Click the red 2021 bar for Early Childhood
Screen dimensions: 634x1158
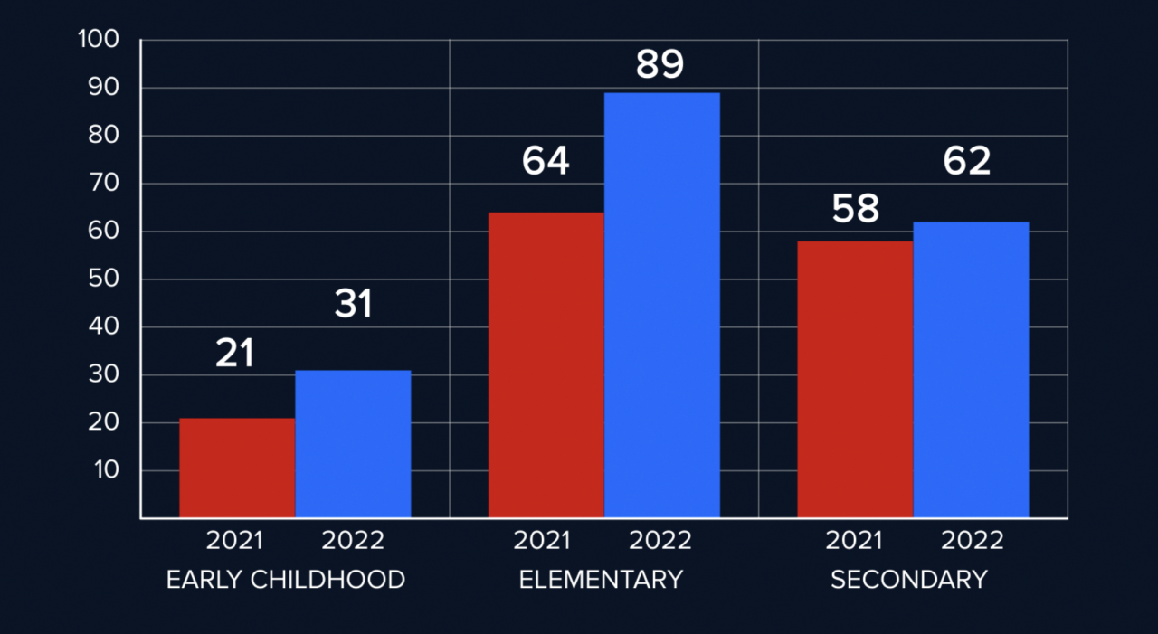click(x=237, y=468)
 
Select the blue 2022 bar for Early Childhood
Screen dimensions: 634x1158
click(x=353, y=444)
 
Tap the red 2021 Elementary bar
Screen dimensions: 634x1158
click(x=546, y=365)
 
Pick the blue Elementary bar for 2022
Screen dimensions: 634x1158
click(x=661, y=306)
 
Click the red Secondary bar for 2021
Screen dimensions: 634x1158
click(x=855, y=379)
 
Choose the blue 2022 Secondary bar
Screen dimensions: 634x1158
click(x=971, y=370)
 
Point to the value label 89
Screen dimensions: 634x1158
click(x=660, y=65)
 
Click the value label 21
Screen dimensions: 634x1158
click(x=235, y=354)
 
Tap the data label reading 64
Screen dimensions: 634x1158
click(x=546, y=161)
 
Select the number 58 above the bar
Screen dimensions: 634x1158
click(x=855, y=209)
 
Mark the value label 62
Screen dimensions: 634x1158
click(x=967, y=161)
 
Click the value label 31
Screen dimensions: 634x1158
click(x=353, y=305)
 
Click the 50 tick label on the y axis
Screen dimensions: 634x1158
click(x=103, y=279)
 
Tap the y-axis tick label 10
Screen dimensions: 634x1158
click(x=103, y=470)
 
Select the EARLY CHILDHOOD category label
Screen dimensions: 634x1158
click(x=286, y=580)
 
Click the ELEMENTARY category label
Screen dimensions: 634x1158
click(x=601, y=580)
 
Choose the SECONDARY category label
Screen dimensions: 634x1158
click(x=908, y=580)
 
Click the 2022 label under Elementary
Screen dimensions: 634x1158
click(x=660, y=541)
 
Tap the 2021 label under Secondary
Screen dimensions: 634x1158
click(x=854, y=541)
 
